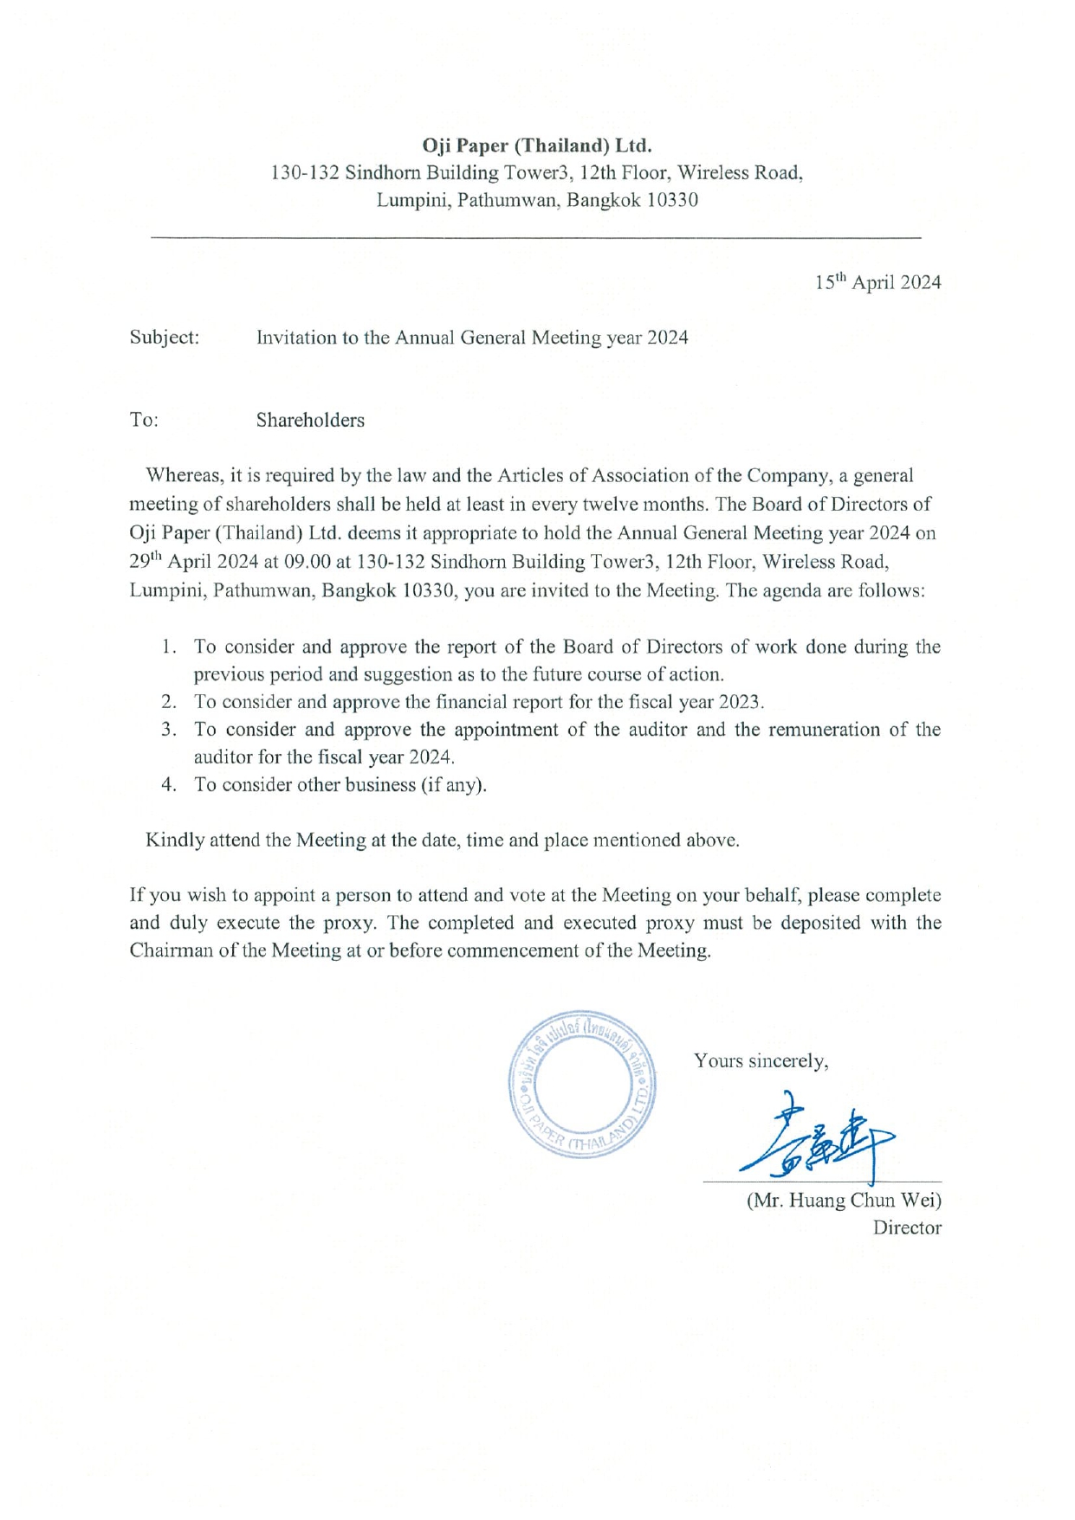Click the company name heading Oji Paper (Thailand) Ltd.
click(x=536, y=145)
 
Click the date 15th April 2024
click(x=877, y=282)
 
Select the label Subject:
click(x=165, y=338)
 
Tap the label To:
click(x=144, y=420)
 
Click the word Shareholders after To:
click(x=310, y=420)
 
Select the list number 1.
click(x=169, y=647)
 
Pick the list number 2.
click(x=169, y=702)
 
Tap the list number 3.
click(x=169, y=730)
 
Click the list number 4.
click(x=169, y=785)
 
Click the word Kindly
click(x=174, y=841)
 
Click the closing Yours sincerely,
click(x=761, y=1061)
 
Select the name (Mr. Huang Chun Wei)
click(x=844, y=1201)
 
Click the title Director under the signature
click(x=907, y=1227)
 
